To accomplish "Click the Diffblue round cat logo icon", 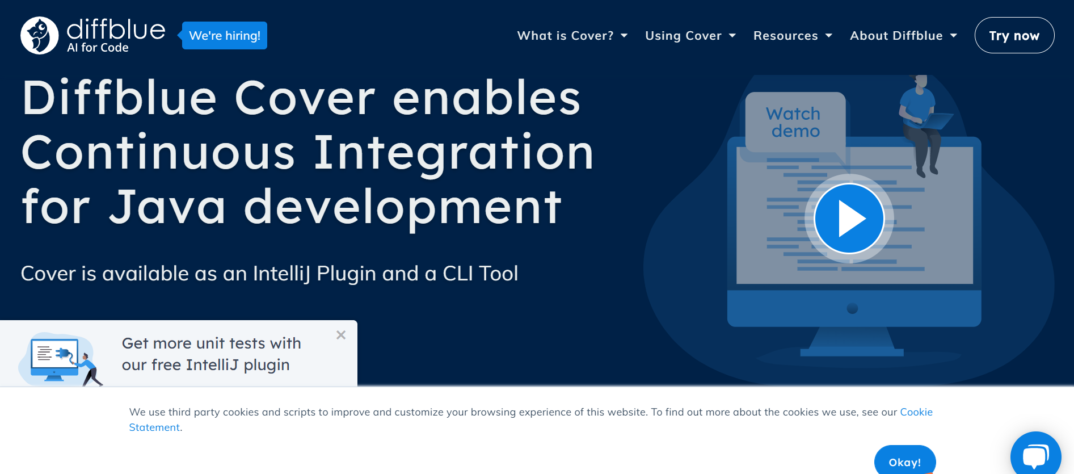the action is coord(40,35).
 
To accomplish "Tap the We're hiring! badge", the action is coord(224,36).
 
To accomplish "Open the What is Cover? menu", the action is coord(572,36).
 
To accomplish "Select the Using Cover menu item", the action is coord(690,36).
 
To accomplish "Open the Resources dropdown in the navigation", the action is coord(793,36).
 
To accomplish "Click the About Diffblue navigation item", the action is coord(903,36).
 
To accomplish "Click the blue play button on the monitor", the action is coord(849,219).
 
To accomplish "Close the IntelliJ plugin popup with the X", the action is coord(341,335).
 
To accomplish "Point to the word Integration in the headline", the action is coord(453,153).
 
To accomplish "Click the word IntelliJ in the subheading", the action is coord(281,273).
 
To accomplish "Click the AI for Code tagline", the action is coord(98,48).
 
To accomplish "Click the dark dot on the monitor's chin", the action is coord(852,309).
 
